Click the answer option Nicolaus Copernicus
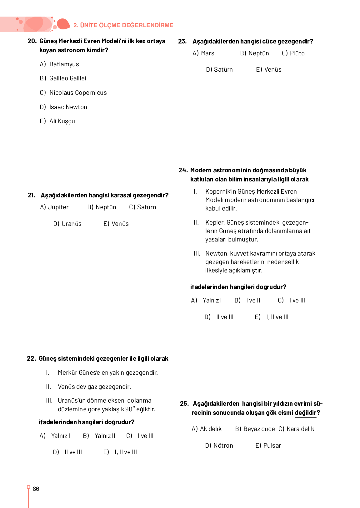tap(78, 93)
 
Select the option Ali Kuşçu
tap(62, 121)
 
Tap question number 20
tap(32, 41)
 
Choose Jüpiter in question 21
tap(58, 207)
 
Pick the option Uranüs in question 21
tap(71, 224)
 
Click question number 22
tap(31, 358)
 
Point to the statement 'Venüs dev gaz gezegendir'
tap(94, 387)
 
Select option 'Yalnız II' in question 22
tap(105, 436)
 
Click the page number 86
tap(36, 489)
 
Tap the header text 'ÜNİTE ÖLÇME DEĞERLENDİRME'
tap(127, 25)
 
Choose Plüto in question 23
tap(297, 53)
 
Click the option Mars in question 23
tap(207, 53)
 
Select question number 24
tap(183, 170)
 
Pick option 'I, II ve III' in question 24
tap(277, 317)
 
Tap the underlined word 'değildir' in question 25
tap(305, 413)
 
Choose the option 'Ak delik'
tap(211, 429)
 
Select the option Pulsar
tap(272, 445)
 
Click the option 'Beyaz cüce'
tap(259, 429)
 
